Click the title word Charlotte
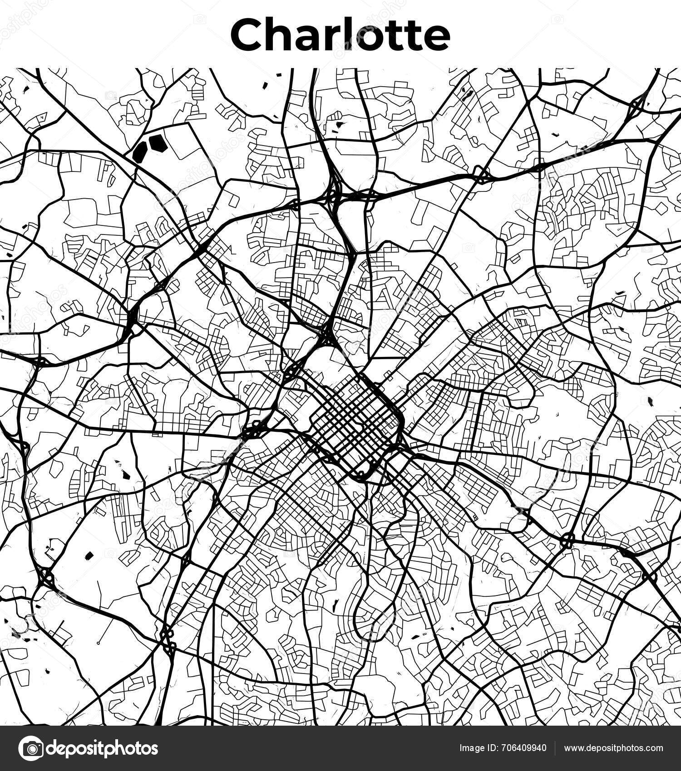pyautogui.click(x=340, y=35)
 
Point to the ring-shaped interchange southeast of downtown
pyautogui.click(x=567, y=541)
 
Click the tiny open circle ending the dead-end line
pyautogui.click(x=98, y=643)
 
